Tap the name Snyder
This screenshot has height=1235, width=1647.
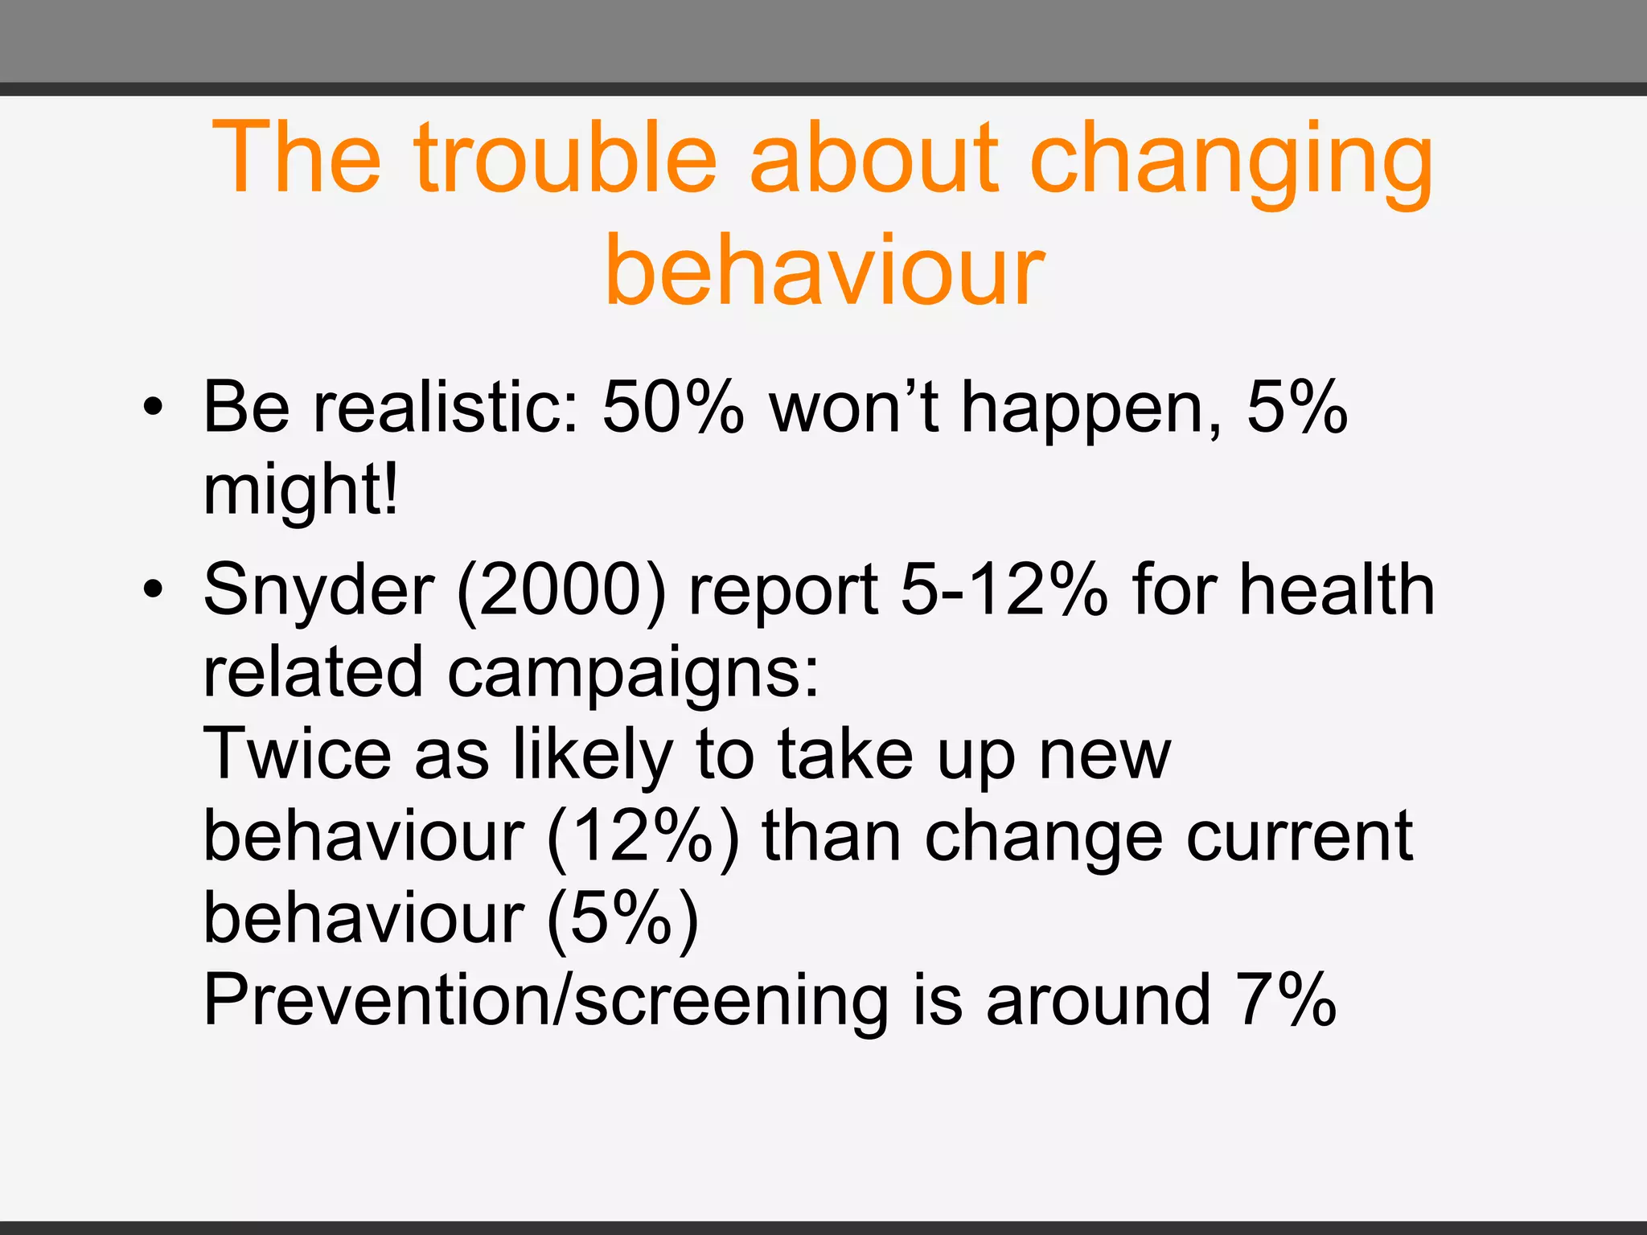tap(318, 591)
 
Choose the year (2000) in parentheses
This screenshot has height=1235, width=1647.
tap(561, 591)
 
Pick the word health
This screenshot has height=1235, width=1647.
tap(1336, 591)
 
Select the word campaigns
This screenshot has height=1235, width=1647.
tap(632, 674)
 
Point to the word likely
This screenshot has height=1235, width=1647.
tap(592, 756)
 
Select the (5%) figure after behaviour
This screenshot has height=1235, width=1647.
tap(622, 920)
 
